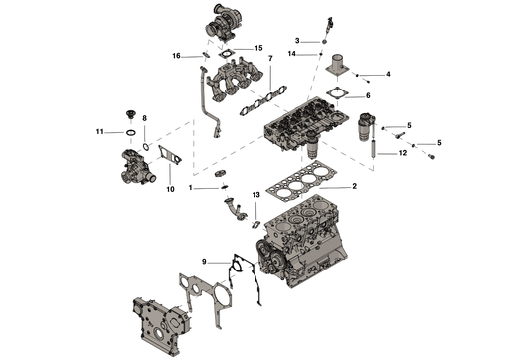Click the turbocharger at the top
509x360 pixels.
(x=224, y=23)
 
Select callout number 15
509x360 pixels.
(x=258, y=48)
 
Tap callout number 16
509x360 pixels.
(x=176, y=56)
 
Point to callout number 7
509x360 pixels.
(x=270, y=59)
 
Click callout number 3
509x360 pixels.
(x=297, y=41)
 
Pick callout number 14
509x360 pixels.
(x=291, y=54)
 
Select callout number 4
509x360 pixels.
(x=388, y=74)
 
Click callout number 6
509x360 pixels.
(x=368, y=95)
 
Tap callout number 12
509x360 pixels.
(x=403, y=153)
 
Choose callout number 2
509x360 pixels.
(x=354, y=186)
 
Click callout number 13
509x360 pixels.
(x=256, y=195)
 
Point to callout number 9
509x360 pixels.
(x=204, y=262)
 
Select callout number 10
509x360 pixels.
(x=170, y=189)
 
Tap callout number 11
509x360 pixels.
(x=100, y=132)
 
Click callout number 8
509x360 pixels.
(x=144, y=118)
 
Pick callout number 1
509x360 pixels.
(x=191, y=188)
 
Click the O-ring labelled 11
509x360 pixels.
(x=127, y=133)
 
